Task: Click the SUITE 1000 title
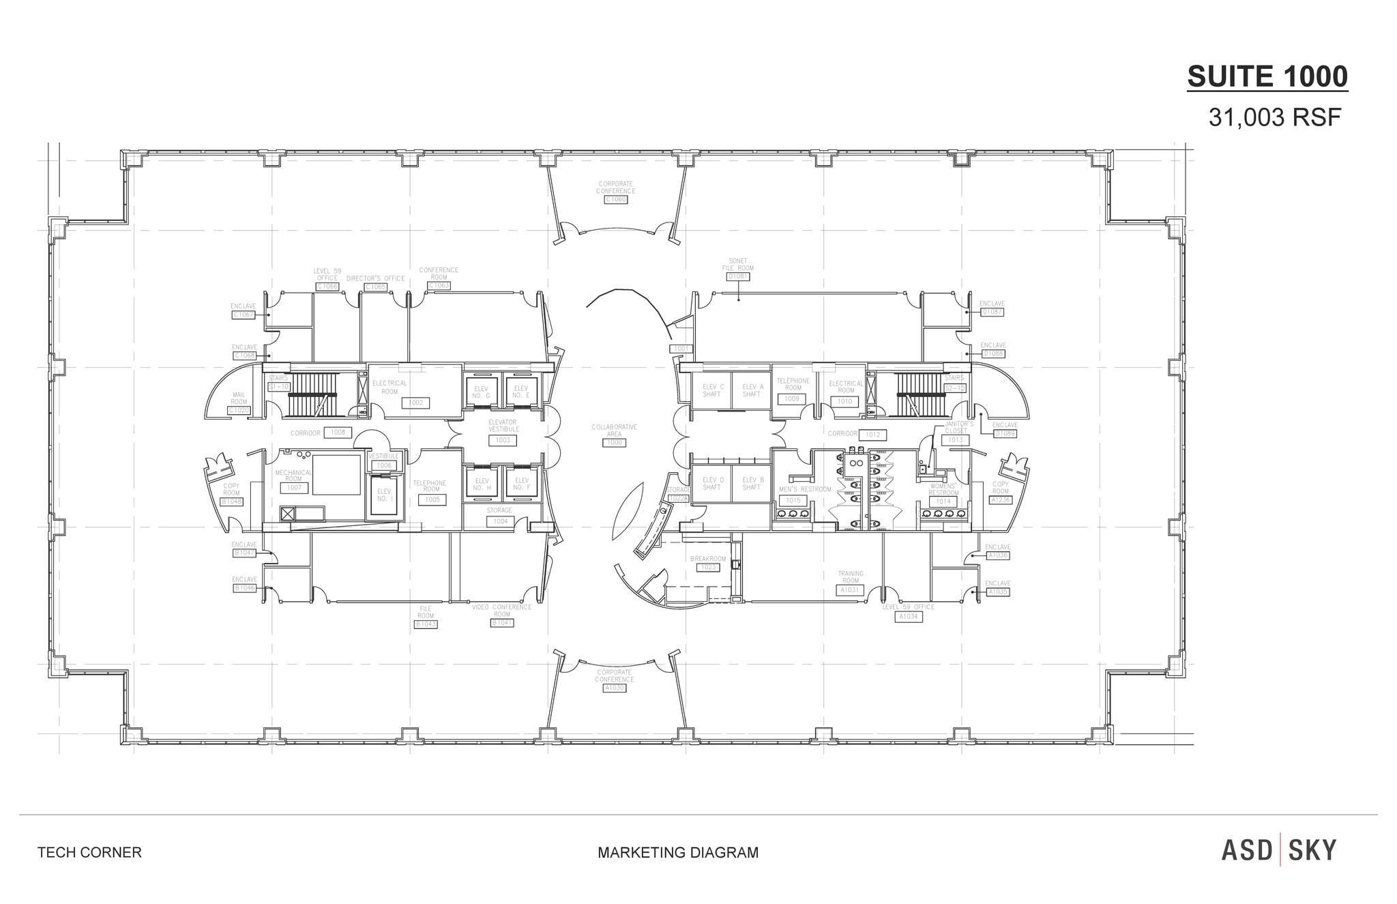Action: click(1267, 76)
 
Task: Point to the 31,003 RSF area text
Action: click(1274, 118)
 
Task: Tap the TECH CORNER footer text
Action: click(89, 852)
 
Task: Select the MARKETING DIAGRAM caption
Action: click(678, 852)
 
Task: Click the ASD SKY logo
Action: click(1279, 851)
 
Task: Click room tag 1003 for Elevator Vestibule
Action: click(503, 440)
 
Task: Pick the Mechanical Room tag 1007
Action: click(294, 488)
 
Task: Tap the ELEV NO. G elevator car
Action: click(482, 392)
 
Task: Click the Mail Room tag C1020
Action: click(239, 410)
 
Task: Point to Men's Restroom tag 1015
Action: click(793, 501)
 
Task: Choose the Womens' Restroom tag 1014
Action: click(943, 501)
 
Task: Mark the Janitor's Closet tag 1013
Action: click(956, 440)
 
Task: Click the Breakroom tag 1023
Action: click(709, 567)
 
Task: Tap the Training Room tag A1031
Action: click(851, 589)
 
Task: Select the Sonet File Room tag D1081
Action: click(738, 276)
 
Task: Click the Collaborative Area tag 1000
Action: click(615, 443)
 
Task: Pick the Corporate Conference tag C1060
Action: click(615, 199)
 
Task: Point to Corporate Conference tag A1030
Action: click(614, 688)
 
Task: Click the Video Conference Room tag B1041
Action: click(502, 623)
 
